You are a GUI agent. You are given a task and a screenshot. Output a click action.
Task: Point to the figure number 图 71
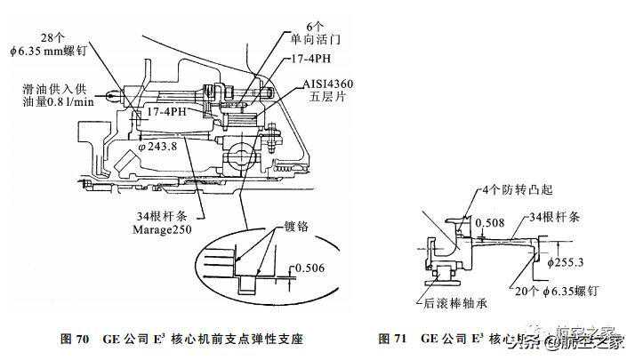394,339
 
